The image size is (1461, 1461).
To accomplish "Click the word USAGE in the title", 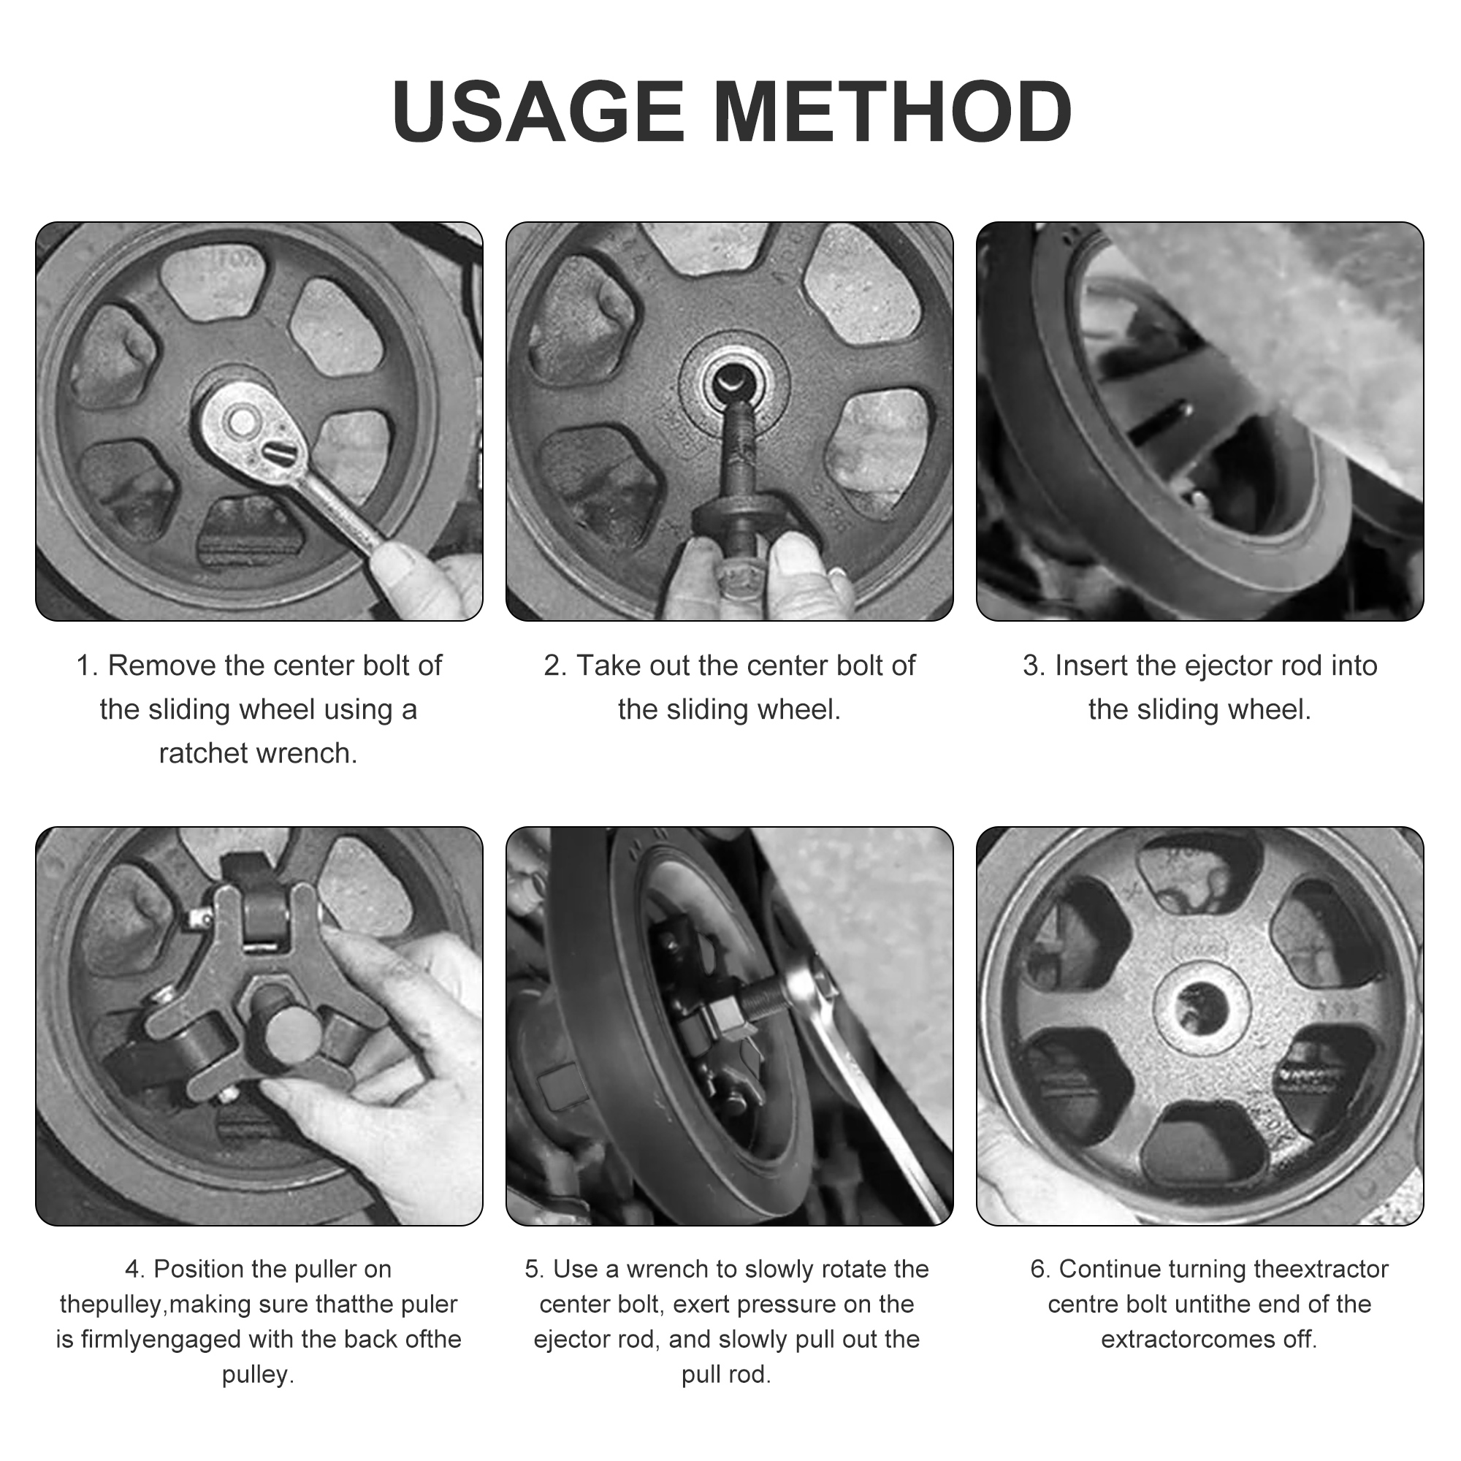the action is pyautogui.click(x=538, y=111).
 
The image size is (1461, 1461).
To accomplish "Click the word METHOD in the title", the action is pyautogui.click(x=893, y=111).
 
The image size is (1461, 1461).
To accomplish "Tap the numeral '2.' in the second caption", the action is pyautogui.click(x=554, y=666).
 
